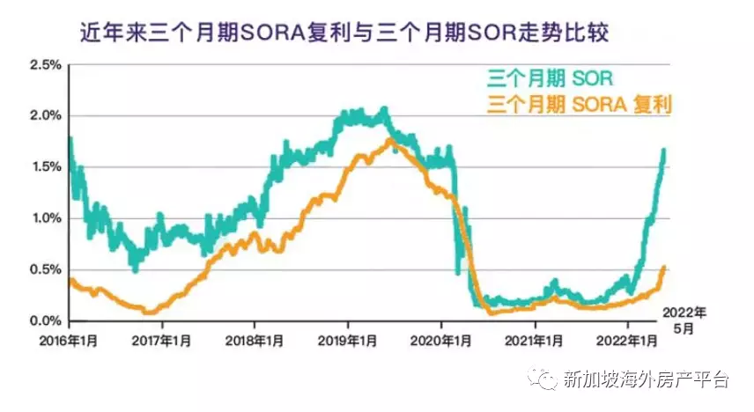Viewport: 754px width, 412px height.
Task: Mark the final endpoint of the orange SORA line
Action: (x=663, y=268)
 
